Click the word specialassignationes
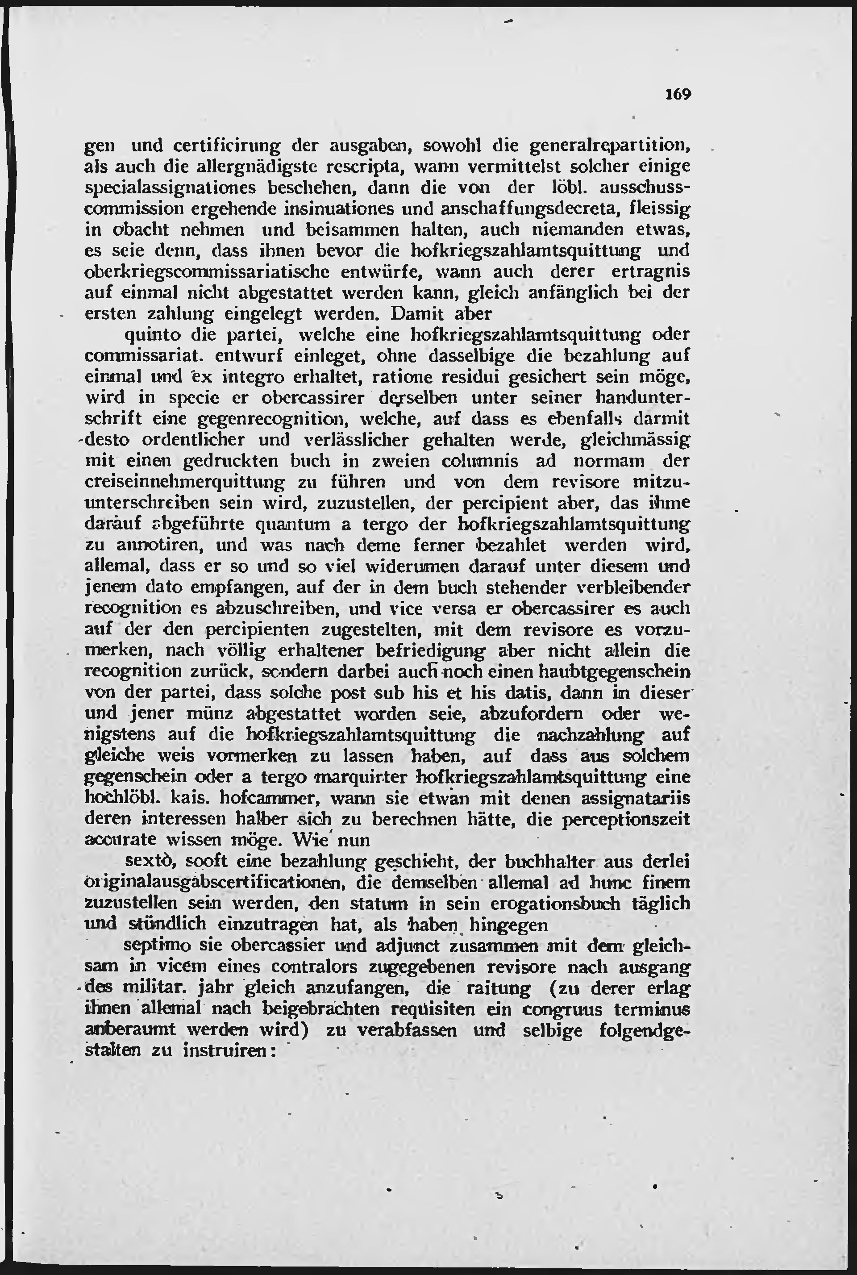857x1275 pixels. (x=171, y=187)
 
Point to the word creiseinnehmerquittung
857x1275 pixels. (x=185, y=483)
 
